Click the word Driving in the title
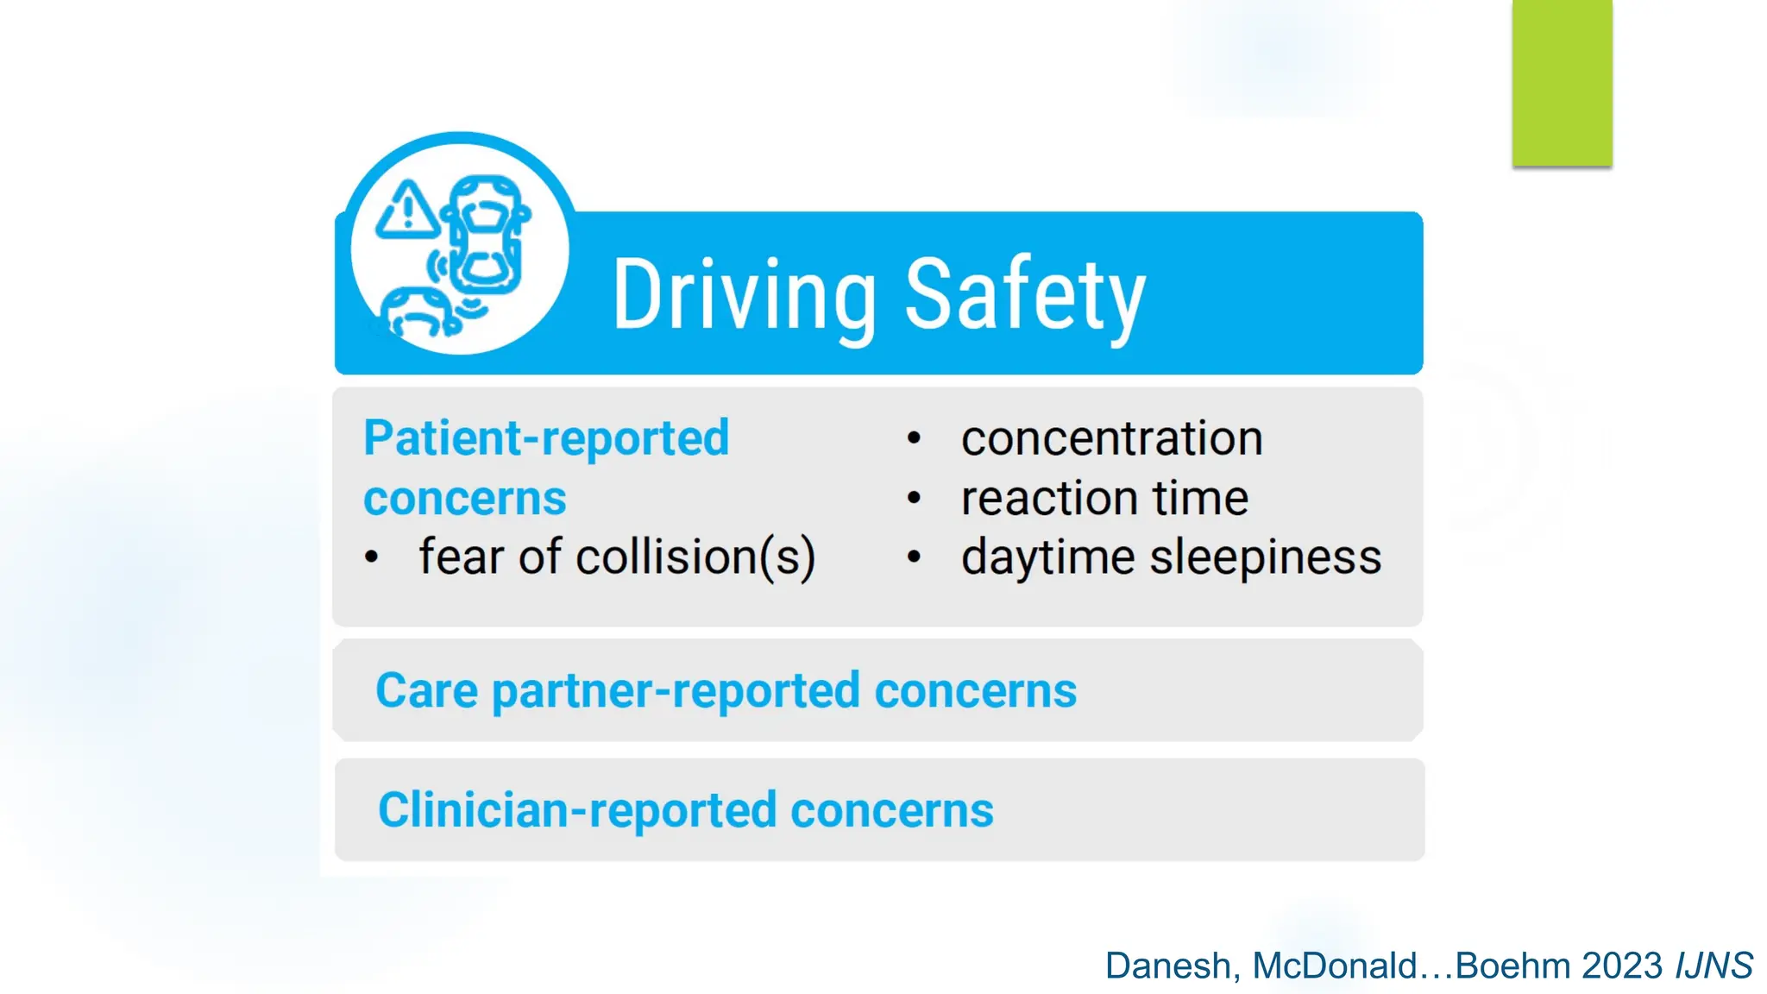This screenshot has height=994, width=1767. click(744, 295)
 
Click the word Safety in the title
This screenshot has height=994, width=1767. click(1025, 295)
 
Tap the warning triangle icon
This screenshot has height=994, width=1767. click(407, 211)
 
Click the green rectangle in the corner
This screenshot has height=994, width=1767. click(1562, 83)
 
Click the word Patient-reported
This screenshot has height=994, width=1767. click(546, 438)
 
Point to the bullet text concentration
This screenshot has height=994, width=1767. click(1111, 438)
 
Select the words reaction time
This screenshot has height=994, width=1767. click(1104, 499)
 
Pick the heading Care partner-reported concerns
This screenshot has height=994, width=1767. click(726, 691)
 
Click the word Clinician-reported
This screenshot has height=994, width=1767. click(577, 811)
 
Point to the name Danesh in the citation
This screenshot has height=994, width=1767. click(1172, 966)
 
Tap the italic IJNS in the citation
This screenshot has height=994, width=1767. click(1714, 966)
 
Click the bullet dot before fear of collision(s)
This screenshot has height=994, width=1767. click(372, 558)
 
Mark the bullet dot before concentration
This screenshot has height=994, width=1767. click(915, 439)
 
